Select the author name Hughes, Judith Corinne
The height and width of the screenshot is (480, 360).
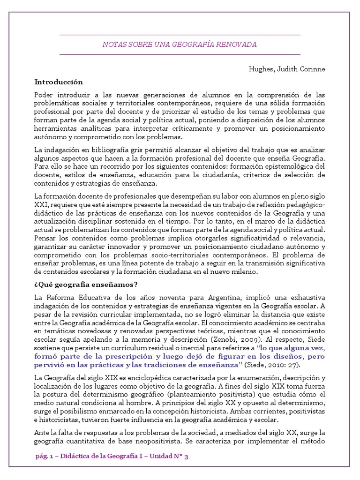(287, 69)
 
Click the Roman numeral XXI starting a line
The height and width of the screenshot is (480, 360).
(41, 204)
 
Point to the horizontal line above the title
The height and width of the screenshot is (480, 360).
(180, 35)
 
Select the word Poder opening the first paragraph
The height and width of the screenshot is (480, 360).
(45, 95)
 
